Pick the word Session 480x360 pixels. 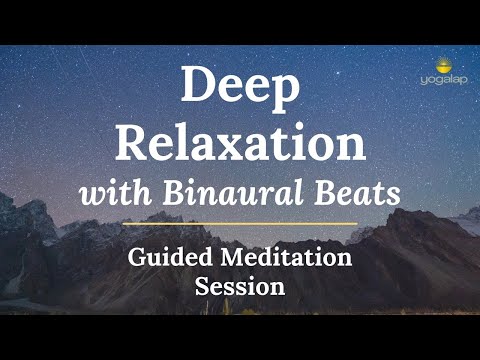[x=240, y=285]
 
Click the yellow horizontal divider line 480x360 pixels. [x=240, y=223]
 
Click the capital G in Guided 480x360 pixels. [x=138, y=257]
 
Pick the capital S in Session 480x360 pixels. [x=203, y=285]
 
